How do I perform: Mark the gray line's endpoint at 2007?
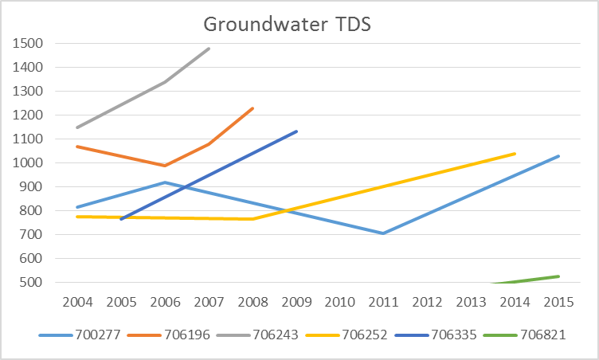pos(209,49)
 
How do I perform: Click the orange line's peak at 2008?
pos(253,108)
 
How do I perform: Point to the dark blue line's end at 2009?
pos(296,131)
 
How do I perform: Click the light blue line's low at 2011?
pos(383,233)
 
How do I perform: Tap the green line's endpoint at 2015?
pos(558,276)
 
